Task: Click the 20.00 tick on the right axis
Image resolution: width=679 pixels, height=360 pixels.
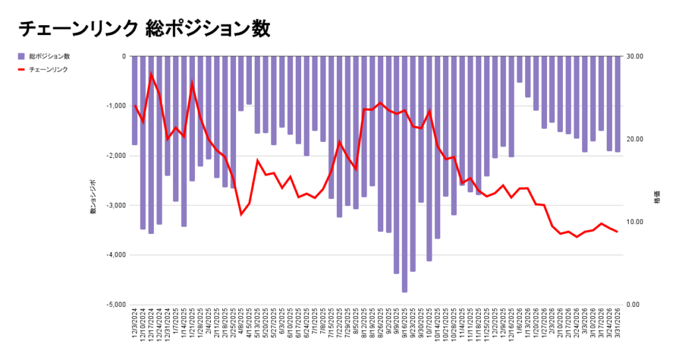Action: [x=635, y=139]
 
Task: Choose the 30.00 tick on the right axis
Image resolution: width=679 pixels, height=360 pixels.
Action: [x=635, y=56]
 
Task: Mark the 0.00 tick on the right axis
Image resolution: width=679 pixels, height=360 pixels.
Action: [x=634, y=305]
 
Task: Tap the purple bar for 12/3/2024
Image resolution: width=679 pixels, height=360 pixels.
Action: [x=135, y=100]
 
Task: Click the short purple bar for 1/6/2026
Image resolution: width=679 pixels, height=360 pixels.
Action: [x=519, y=70]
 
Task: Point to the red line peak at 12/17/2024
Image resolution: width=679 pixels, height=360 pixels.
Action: [x=151, y=74]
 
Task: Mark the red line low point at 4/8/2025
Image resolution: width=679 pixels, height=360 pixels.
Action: [x=241, y=214]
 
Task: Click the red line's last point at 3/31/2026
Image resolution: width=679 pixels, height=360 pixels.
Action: [x=617, y=231]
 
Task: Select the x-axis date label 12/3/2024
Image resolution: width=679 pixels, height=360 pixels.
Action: [x=135, y=325]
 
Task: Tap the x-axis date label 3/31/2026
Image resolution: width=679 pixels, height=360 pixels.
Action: [x=617, y=325]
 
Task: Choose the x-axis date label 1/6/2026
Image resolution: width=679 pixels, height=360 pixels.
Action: [x=519, y=325]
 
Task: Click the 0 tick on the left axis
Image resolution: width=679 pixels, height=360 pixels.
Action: [x=123, y=56]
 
